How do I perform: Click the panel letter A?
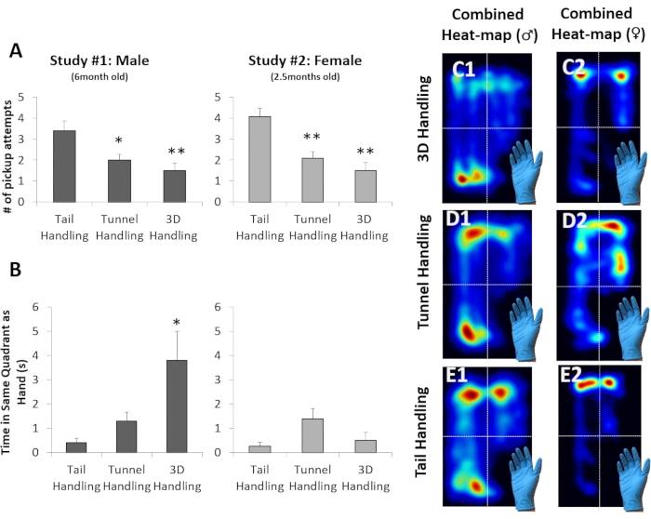coord(16,53)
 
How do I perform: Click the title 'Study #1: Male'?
coord(100,61)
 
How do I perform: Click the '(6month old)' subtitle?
coord(100,77)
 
